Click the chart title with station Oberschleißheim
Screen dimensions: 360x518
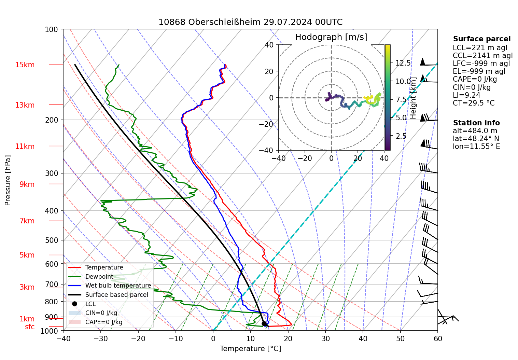[250, 22]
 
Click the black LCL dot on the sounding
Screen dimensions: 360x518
[264, 323]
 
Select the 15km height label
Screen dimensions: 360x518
[25, 65]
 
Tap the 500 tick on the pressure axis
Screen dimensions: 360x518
[52, 240]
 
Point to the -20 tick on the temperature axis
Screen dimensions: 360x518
[138, 338]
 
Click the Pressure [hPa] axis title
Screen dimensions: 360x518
[8, 180]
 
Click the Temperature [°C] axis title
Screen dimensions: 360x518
[250, 349]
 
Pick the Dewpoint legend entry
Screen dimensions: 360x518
[99, 277]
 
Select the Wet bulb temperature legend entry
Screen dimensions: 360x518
[118, 286]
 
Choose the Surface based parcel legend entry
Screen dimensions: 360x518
[116, 295]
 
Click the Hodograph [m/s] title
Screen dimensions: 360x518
[331, 37]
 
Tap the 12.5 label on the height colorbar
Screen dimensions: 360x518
[403, 63]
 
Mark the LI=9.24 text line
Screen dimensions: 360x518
[466, 95]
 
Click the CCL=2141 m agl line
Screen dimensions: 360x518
[482, 56]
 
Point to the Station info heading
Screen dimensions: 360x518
[476, 123]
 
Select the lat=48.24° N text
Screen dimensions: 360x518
[476, 139]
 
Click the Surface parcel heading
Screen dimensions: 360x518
[481, 39]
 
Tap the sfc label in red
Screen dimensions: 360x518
[30, 327]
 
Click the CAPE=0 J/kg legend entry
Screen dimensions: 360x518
[103, 322]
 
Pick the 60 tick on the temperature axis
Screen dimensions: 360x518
[437, 338]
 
